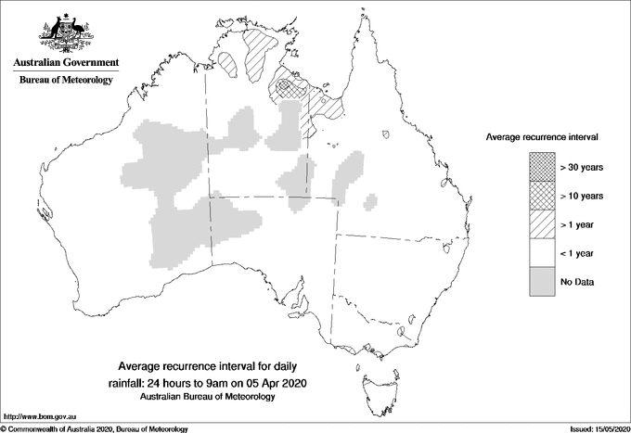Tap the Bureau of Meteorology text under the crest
pyautogui.click(x=66, y=81)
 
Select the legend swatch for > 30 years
pyautogui.click(x=541, y=167)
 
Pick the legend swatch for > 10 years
pyautogui.click(x=541, y=196)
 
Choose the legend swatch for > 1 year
pyautogui.click(x=541, y=224)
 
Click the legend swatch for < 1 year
pyautogui.click(x=541, y=253)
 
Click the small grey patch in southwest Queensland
pyautogui.click(x=371, y=201)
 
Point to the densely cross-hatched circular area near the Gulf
pyautogui.click(x=290, y=88)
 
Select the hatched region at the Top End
pyautogui.click(x=260, y=48)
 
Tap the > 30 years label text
pyautogui.click(x=582, y=167)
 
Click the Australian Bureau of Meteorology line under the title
pyautogui.click(x=208, y=396)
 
